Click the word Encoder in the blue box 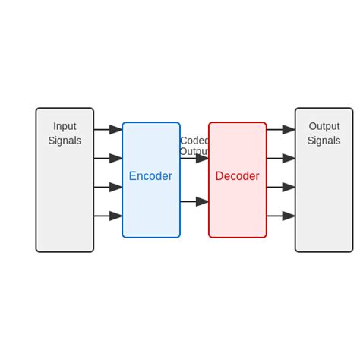tap(150, 176)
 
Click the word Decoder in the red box tap(237, 176)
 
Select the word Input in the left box tap(65, 126)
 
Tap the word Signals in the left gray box tap(65, 141)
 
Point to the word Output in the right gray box tap(324, 126)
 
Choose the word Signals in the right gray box tap(324, 141)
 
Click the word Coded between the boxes tap(194, 141)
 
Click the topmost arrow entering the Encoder tap(108, 130)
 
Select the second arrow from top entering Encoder tap(108, 158)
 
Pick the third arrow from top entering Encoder tap(108, 187)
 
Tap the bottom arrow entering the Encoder tap(108, 216)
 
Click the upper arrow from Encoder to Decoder tap(194, 159)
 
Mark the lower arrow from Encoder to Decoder tap(194, 201)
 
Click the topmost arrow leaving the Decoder tap(280, 130)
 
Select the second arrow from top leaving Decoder tap(280, 158)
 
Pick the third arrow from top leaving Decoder tap(280, 187)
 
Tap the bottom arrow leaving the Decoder tap(280, 216)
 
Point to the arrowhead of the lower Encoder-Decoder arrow tap(202, 201)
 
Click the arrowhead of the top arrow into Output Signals tap(289, 130)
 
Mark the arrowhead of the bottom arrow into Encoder tap(116, 216)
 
